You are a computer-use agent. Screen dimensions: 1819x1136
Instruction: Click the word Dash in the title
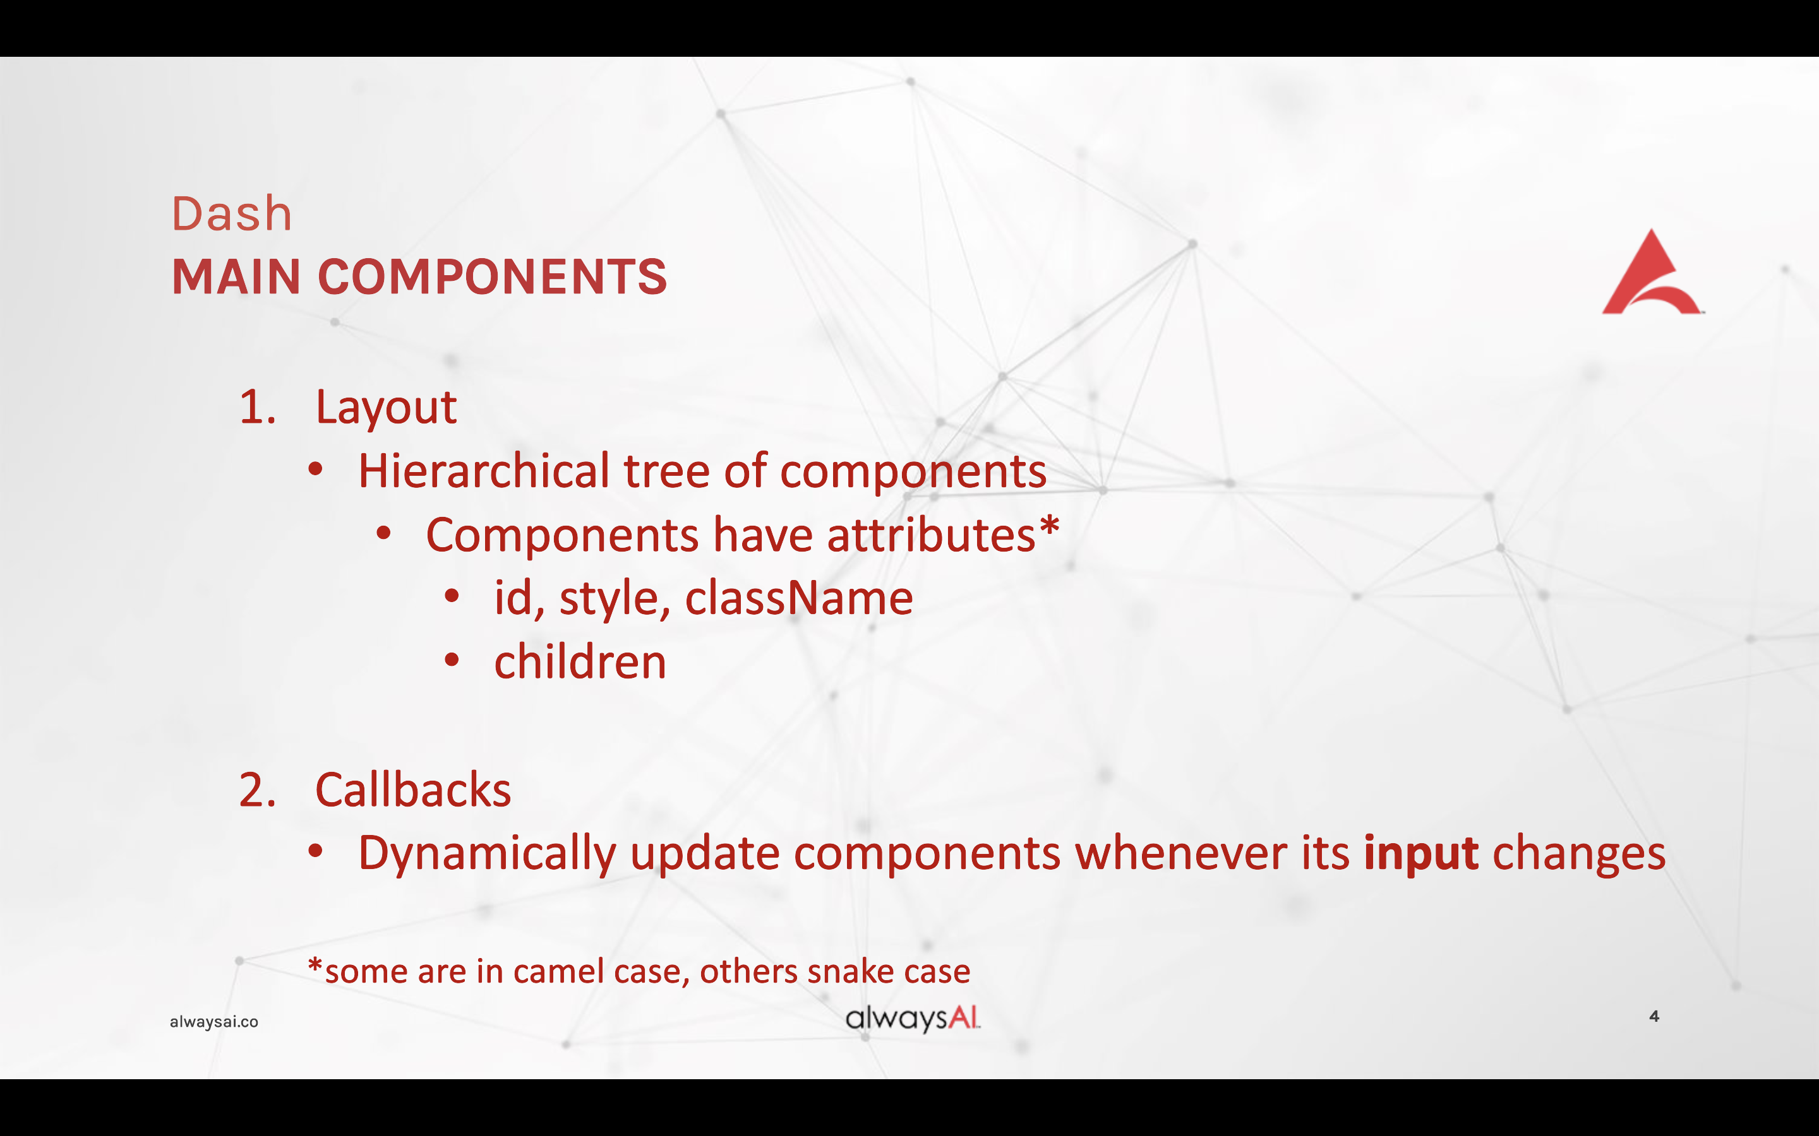tap(232, 213)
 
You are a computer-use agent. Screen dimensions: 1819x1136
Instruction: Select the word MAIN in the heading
tap(237, 276)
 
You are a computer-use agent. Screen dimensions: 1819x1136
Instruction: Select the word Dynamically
tap(487, 856)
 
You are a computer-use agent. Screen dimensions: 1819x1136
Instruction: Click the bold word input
tap(1421, 856)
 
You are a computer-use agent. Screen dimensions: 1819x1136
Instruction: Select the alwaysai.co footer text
tap(214, 1022)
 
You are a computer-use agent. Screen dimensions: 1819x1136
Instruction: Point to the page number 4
tap(1654, 1017)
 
